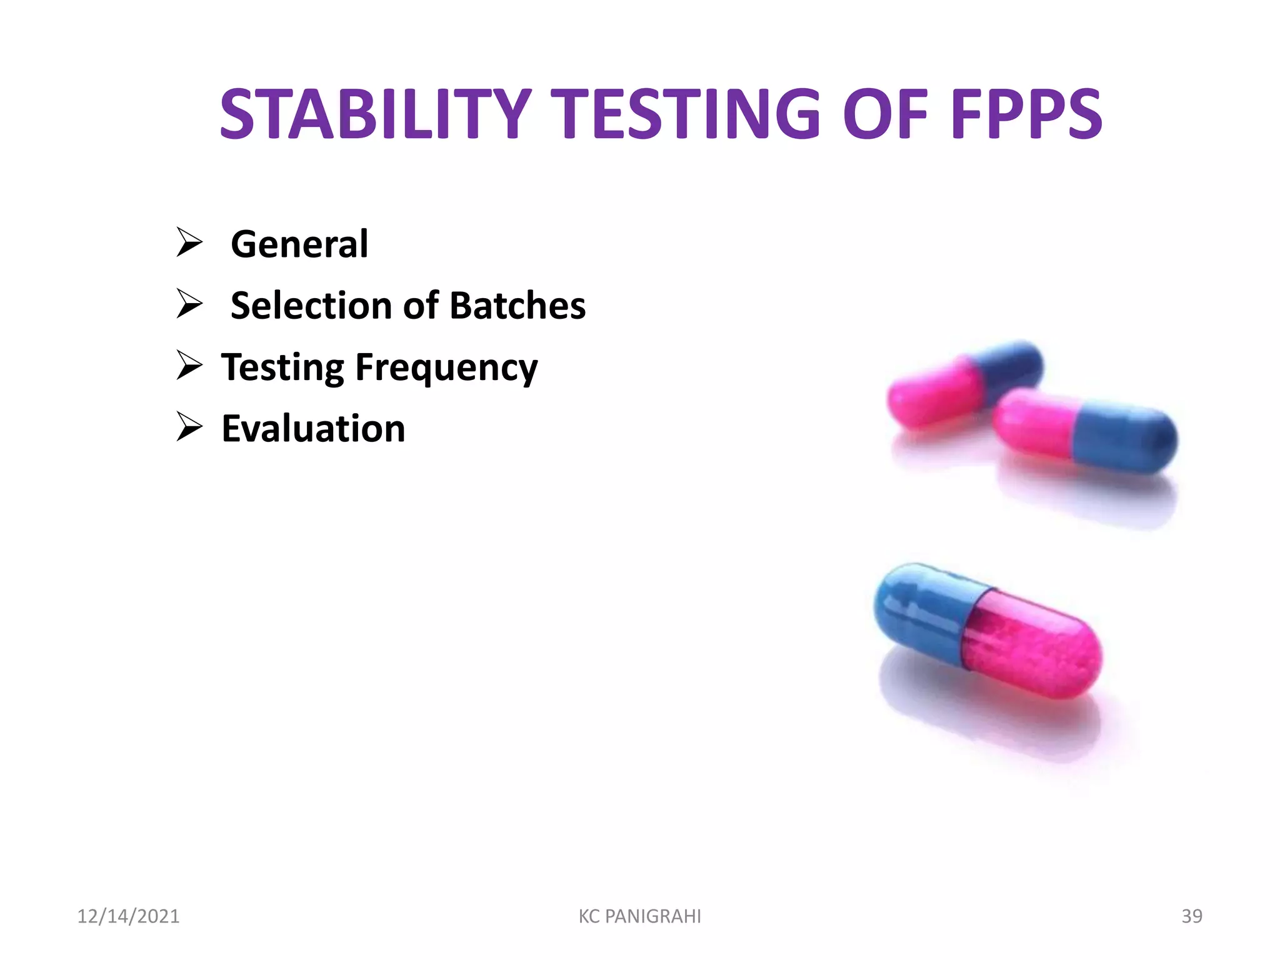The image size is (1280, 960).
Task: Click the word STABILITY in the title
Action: pos(375,114)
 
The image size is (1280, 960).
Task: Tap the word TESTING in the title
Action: pos(688,114)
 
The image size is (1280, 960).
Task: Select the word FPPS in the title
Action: pos(1026,114)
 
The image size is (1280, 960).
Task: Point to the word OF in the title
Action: pos(885,114)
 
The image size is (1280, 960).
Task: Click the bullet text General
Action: pos(299,244)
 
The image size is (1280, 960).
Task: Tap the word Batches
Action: pos(517,306)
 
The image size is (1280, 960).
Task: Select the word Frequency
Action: pos(446,368)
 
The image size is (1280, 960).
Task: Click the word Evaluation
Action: pos(313,429)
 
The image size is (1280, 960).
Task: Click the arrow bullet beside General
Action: pos(189,242)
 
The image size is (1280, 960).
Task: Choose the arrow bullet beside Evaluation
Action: pos(189,427)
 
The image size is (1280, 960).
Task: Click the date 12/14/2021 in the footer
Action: pos(128,916)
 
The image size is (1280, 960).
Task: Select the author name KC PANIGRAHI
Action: pos(639,916)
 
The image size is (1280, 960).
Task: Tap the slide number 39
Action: pos(1191,916)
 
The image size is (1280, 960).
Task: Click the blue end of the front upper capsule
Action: pos(1125,437)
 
